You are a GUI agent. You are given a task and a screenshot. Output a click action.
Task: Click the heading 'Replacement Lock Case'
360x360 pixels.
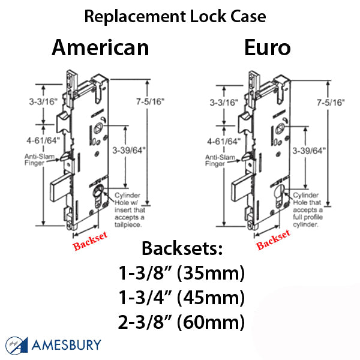coord(175,16)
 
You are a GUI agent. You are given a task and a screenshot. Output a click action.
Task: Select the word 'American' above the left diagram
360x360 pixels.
coord(100,47)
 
